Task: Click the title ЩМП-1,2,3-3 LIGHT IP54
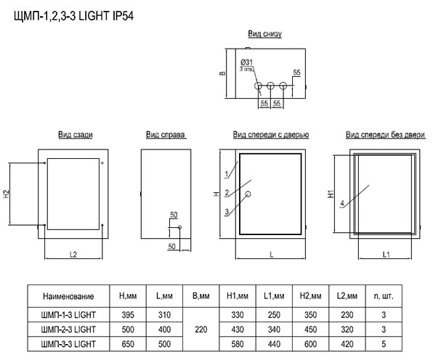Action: pyautogui.click(x=73, y=16)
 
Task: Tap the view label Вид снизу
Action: pyautogui.click(x=265, y=33)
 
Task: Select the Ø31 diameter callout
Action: pyautogui.click(x=246, y=62)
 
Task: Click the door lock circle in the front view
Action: pyautogui.click(x=248, y=194)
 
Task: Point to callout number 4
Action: pyautogui.click(x=342, y=203)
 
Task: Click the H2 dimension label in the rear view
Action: pyautogui.click(x=6, y=194)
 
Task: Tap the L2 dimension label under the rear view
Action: pyautogui.click(x=73, y=254)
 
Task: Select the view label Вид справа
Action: pyautogui.click(x=166, y=134)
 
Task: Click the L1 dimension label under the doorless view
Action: pyautogui.click(x=386, y=254)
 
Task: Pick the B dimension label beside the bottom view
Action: pyautogui.click(x=222, y=73)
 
